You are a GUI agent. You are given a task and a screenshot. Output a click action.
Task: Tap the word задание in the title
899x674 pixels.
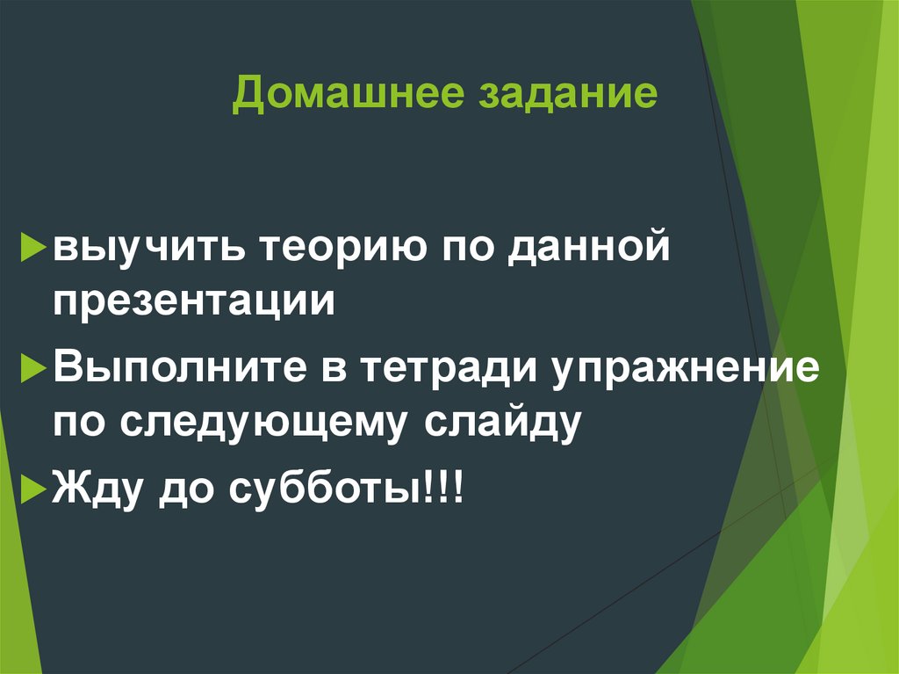point(567,95)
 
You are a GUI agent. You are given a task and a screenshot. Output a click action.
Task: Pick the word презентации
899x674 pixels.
point(194,302)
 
